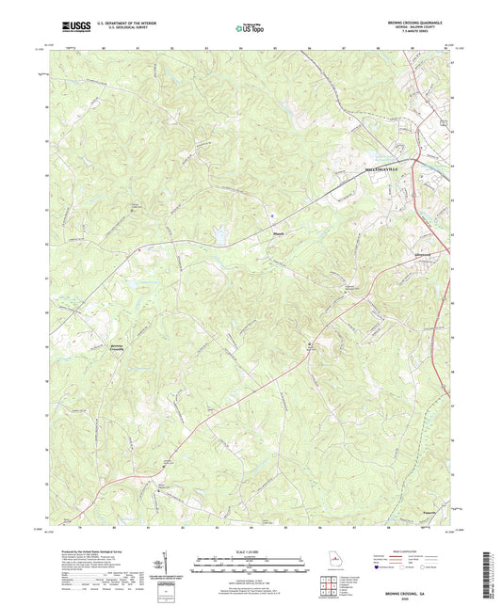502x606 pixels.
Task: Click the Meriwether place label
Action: (x=280, y=234)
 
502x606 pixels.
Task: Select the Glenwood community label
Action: (x=398, y=252)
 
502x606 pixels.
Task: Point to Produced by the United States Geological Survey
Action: (x=85, y=550)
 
